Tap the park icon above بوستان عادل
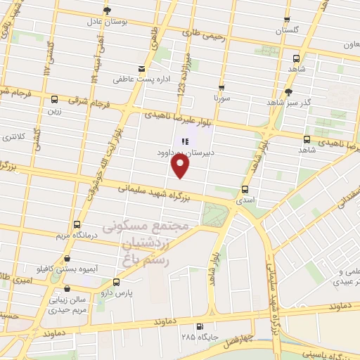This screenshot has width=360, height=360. click(x=107, y=11)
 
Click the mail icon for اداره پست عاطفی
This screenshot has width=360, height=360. click(x=142, y=69)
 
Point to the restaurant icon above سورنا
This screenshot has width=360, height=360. click(x=221, y=89)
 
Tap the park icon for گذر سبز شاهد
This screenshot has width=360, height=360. click(x=288, y=92)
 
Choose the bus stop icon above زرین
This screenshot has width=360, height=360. click(x=54, y=99)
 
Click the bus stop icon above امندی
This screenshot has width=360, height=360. click(x=245, y=189)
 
